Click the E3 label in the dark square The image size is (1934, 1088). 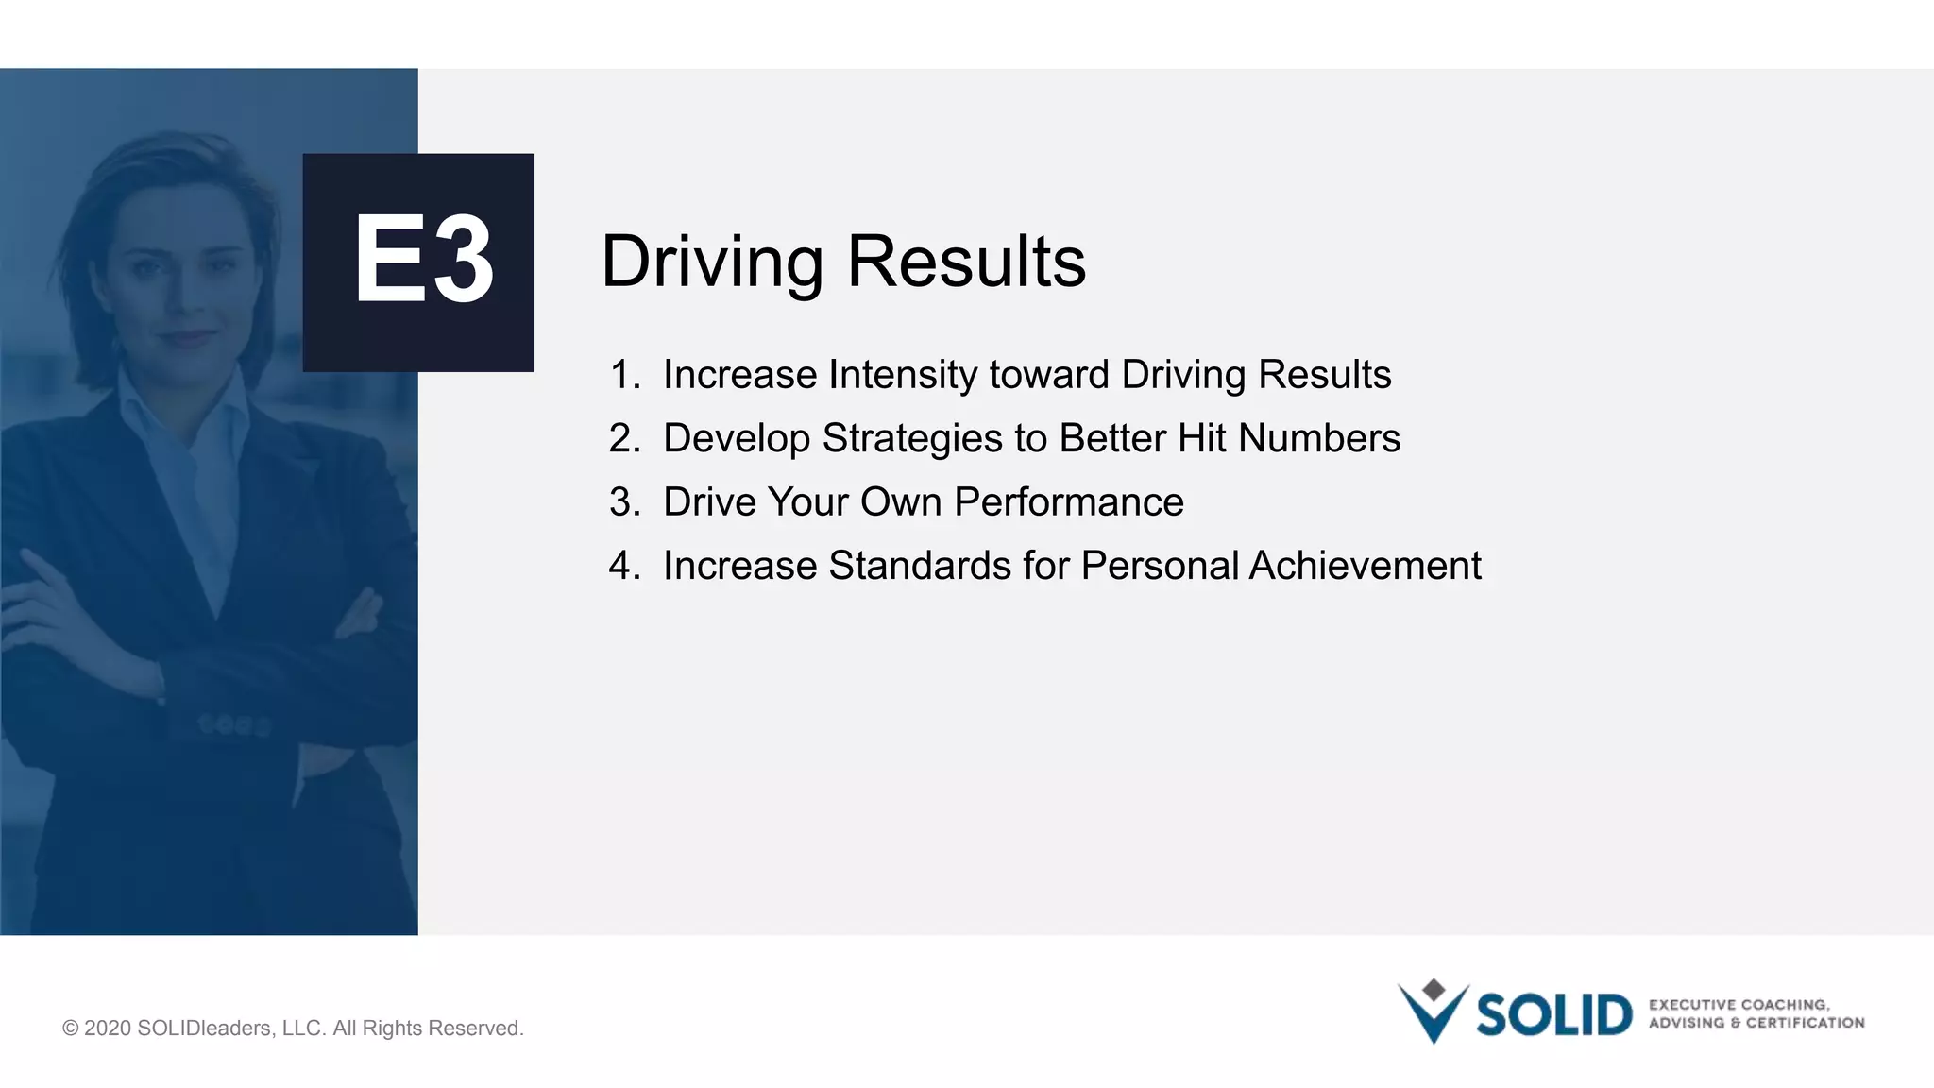422,260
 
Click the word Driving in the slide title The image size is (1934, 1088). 712,263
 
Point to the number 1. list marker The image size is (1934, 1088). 624,375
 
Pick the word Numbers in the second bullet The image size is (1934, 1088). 1318,438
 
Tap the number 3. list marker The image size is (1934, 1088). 624,502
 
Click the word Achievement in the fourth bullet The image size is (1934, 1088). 1365,566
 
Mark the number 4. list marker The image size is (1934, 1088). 624,566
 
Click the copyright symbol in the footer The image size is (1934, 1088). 71,1028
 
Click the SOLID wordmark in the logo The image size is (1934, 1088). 1553,1015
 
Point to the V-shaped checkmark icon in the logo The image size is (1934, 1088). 1433,1014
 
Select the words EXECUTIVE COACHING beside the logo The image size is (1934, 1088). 1738,1005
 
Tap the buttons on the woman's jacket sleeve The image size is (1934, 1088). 234,725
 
